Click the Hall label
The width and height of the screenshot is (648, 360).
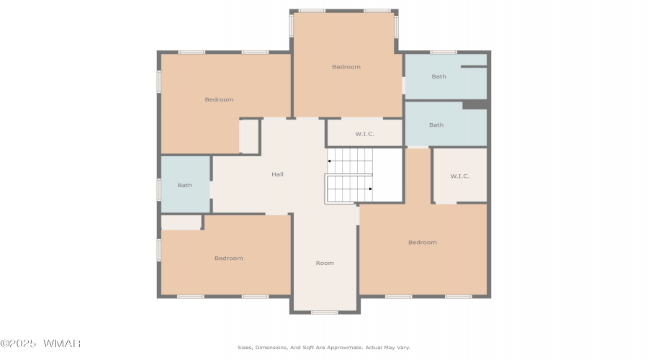click(x=277, y=174)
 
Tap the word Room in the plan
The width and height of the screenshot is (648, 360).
click(x=325, y=263)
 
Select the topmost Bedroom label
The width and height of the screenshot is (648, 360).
click(x=346, y=67)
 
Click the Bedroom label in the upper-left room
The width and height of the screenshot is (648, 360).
click(x=219, y=99)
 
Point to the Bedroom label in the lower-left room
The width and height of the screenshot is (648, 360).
click(x=228, y=258)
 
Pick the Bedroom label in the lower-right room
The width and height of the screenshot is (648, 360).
click(x=423, y=243)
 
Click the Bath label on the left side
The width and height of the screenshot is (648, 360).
click(x=185, y=186)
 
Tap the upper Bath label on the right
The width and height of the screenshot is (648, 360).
click(x=439, y=76)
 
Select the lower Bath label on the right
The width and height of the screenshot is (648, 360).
click(x=436, y=125)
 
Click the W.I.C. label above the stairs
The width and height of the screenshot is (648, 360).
click(x=365, y=134)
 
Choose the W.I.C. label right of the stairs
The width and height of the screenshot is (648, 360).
click(x=460, y=176)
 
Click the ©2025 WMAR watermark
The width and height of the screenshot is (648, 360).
click(x=40, y=343)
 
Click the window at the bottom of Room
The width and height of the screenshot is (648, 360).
click(x=325, y=312)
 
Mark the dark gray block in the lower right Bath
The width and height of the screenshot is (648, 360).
click(x=475, y=104)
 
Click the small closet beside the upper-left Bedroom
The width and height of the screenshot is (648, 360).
click(x=249, y=136)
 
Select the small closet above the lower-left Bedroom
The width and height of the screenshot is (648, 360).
click(x=181, y=222)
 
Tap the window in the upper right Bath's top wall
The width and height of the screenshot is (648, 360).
click(x=444, y=53)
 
